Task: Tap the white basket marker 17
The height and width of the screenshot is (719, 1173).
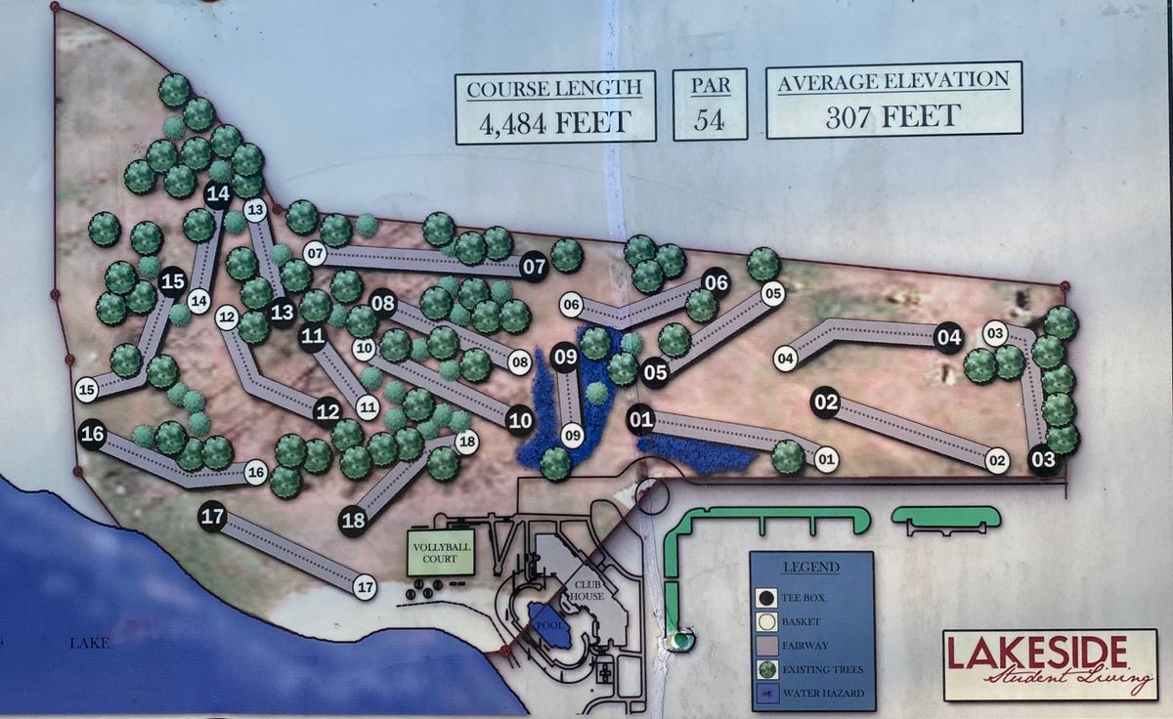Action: click(365, 587)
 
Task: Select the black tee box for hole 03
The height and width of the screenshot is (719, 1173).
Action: click(1043, 459)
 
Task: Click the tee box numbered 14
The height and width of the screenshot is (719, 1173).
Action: click(218, 193)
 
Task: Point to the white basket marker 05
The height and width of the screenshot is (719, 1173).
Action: click(772, 292)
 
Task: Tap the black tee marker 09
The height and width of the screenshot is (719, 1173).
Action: click(565, 357)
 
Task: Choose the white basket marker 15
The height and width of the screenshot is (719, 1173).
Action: click(86, 390)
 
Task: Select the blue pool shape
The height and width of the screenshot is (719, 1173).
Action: click(549, 625)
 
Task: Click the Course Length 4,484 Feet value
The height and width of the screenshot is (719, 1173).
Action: click(553, 122)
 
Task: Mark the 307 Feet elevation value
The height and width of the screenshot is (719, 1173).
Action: click(892, 117)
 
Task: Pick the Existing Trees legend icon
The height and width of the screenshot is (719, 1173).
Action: click(767, 669)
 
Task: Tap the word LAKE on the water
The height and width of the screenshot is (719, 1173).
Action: click(89, 643)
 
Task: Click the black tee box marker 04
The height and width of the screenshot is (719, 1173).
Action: click(948, 338)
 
